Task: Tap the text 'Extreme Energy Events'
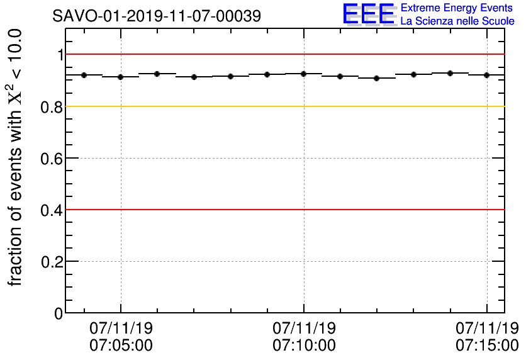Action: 457,8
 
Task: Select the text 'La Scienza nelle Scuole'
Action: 457,21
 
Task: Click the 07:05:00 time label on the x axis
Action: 121,345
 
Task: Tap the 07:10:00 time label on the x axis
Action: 304,345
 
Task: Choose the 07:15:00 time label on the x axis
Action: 487,345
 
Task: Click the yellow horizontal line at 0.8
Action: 283,106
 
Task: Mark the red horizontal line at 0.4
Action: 283,210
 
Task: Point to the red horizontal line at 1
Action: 283,55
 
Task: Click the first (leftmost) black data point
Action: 84,75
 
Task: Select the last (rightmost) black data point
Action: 486,75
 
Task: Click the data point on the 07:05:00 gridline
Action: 120,77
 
